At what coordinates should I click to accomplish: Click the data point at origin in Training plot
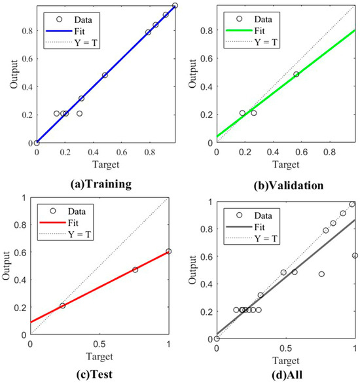coord(37,142)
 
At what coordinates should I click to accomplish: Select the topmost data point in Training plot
coord(175,6)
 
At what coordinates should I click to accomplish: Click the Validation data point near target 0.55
coord(297,75)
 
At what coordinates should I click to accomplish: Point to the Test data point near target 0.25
coord(63,306)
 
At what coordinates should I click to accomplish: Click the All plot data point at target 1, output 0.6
coord(355,255)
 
